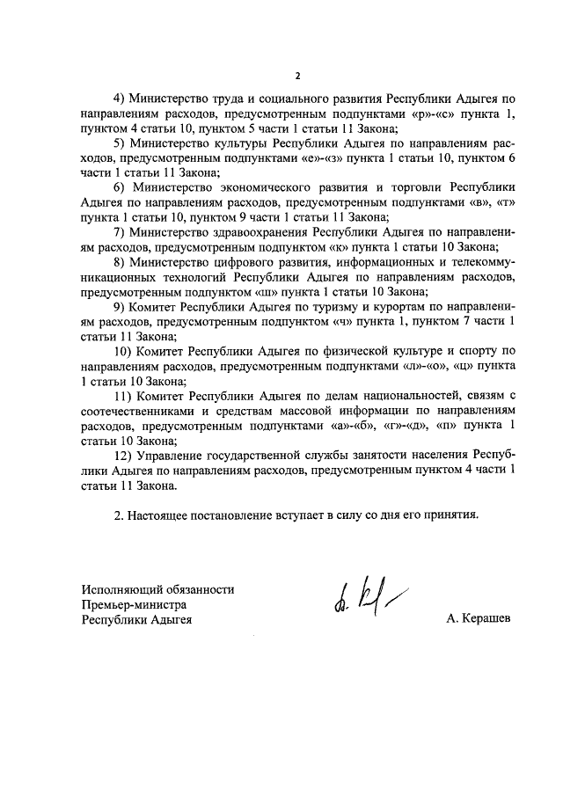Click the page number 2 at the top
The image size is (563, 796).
pyautogui.click(x=296, y=77)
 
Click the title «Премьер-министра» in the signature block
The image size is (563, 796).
pyautogui.click(x=135, y=604)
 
